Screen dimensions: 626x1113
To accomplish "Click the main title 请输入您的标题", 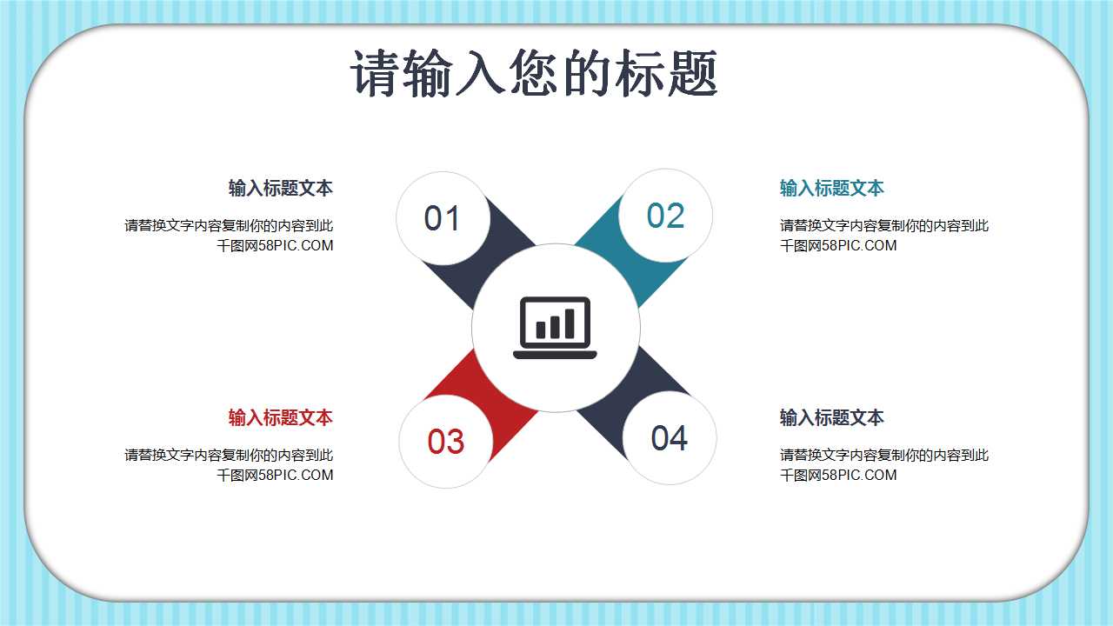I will click(535, 73).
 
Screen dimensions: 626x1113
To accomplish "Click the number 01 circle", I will click(441, 217).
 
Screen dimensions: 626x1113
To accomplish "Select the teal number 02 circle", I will click(666, 216).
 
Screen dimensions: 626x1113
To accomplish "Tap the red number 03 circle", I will click(445, 442).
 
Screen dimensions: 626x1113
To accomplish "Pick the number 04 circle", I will click(670, 438).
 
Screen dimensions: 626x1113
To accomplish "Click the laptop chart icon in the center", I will click(556, 328).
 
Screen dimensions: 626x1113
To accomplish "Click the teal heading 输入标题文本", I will click(831, 188).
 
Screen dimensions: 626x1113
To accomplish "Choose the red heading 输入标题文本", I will click(280, 417).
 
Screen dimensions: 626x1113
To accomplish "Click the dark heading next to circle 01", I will click(280, 188).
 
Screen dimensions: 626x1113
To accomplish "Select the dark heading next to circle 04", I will click(831, 417).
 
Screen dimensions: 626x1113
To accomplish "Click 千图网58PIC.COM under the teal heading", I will click(838, 245).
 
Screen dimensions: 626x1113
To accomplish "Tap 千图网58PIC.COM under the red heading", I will click(275, 475).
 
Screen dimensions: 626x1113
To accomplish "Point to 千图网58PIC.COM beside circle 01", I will click(275, 245).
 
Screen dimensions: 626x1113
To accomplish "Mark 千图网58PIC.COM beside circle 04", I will click(838, 475).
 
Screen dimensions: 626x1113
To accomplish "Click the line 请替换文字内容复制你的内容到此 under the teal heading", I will click(883, 226).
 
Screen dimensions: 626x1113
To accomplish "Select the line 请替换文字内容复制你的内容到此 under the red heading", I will click(229, 455).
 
